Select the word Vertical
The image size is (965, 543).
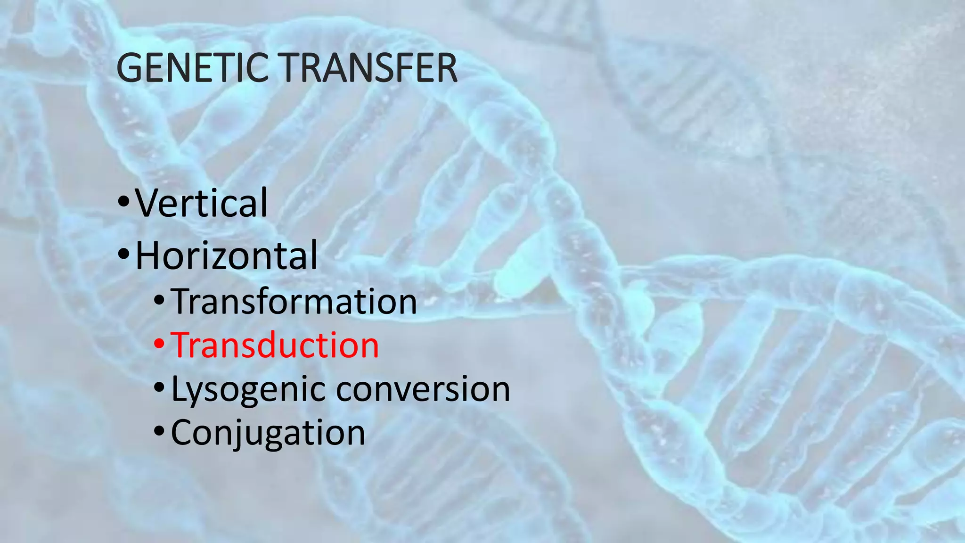pyautogui.click(x=202, y=203)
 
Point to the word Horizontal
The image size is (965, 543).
pyautogui.click(x=227, y=255)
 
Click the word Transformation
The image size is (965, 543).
pyautogui.click(x=294, y=302)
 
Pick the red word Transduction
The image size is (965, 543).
pyautogui.click(x=275, y=346)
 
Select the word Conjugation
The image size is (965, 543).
pyautogui.click(x=268, y=433)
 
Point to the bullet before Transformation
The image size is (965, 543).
pyautogui.click(x=159, y=300)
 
